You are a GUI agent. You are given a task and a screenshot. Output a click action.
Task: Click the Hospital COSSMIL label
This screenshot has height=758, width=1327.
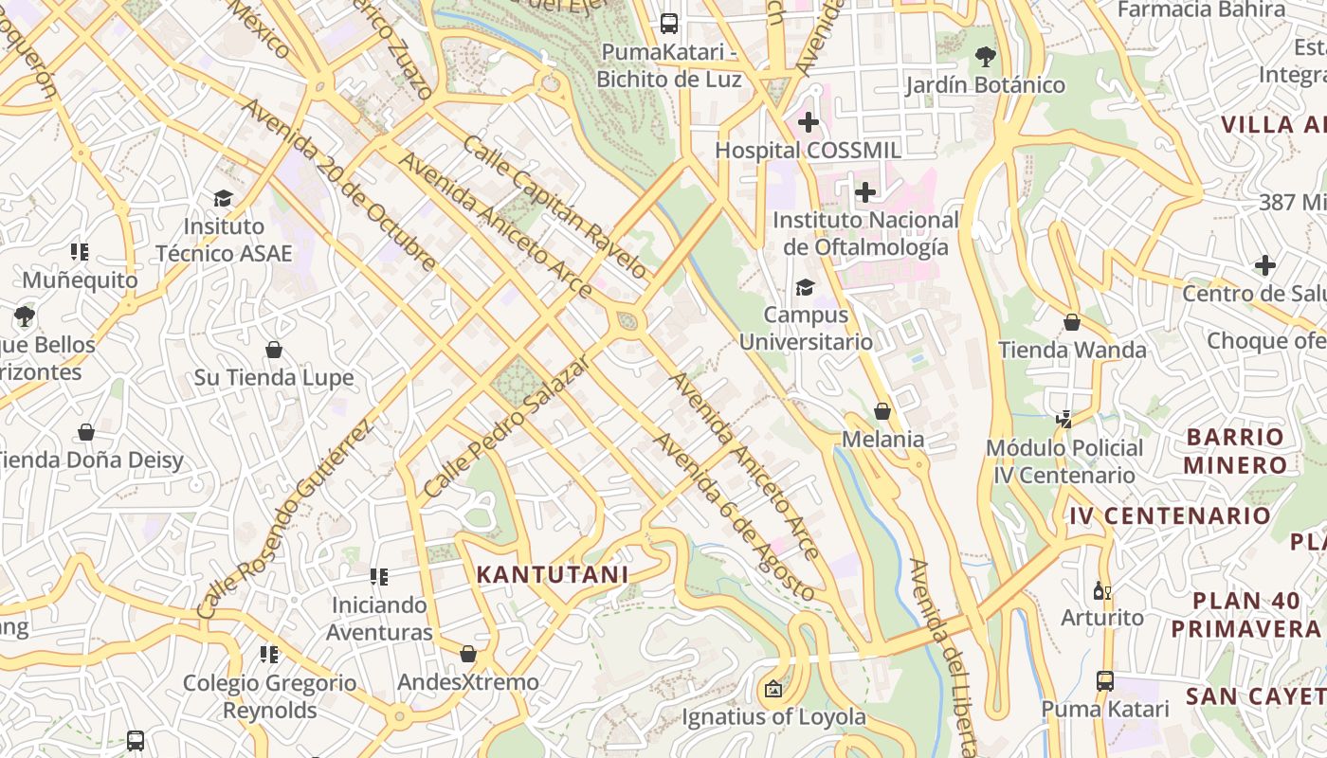click(808, 150)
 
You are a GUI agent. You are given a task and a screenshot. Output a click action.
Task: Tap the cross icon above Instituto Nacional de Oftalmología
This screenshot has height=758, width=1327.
click(864, 193)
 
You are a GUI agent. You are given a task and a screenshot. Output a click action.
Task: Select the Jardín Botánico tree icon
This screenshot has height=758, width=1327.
click(985, 57)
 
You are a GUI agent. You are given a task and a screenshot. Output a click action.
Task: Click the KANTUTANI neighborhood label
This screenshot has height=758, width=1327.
click(552, 574)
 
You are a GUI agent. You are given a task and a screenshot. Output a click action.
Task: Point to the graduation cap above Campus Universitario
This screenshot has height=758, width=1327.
click(805, 287)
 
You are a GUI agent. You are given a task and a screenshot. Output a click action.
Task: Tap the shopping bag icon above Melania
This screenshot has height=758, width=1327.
click(882, 411)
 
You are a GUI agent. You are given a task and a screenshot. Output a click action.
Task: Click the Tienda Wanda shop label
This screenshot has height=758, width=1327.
click(1072, 350)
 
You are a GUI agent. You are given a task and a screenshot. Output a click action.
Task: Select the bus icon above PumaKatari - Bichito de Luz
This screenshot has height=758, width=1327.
click(669, 23)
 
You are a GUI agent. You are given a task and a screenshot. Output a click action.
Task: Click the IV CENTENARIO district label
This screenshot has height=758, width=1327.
click(1170, 515)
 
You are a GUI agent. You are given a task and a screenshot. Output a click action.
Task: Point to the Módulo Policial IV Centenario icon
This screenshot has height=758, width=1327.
click(1064, 419)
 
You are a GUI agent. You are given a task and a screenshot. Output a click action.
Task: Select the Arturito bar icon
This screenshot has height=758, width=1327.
click(1101, 591)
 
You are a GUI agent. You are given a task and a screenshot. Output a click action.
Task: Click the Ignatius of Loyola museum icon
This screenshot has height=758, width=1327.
click(773, 689)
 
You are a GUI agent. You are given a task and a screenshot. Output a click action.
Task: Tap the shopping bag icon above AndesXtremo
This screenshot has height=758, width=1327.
click(467, 654)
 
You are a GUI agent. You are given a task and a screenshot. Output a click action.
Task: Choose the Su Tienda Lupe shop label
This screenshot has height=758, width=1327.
click(274, 377)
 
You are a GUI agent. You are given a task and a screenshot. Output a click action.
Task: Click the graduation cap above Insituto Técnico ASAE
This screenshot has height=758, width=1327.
click(223, 198)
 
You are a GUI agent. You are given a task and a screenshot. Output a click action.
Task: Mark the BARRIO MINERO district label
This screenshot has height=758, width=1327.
click(1234, 451)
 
